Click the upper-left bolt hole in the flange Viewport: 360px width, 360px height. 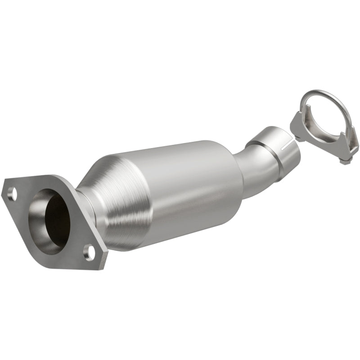12,194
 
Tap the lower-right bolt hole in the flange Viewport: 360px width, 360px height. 90,252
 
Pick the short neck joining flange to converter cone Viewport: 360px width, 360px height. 85,205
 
